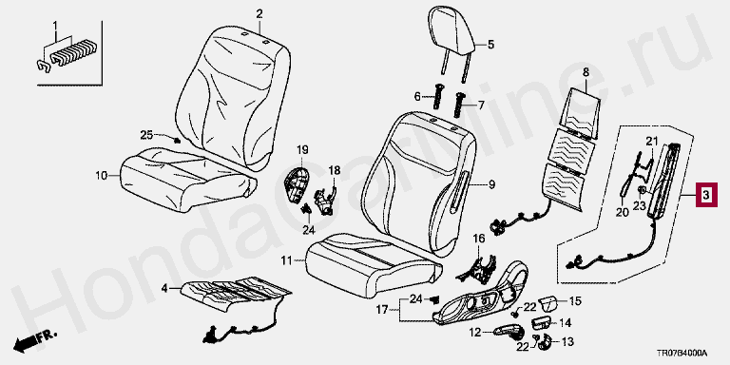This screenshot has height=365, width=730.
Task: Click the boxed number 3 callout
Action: (706, 195)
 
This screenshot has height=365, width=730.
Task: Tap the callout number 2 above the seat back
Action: (259, 14)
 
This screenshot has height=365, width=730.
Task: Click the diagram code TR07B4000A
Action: (682, 354)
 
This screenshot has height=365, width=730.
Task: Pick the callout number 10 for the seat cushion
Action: (102, 176)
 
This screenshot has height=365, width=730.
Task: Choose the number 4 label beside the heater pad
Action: (163, 289)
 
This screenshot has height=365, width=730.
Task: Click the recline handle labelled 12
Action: (509, 332)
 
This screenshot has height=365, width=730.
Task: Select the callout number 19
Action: (302, 150)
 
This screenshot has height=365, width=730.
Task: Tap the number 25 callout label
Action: (146, 135)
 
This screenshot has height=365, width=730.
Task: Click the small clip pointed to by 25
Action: (177, 140)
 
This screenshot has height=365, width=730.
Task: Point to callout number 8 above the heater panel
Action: (586, 72)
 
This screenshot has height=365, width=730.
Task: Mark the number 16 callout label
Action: (479, 239)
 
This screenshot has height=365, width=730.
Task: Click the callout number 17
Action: (382, 309)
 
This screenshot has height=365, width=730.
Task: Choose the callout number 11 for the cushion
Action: (288, 261)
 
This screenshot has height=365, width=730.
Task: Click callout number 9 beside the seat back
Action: (491, 186)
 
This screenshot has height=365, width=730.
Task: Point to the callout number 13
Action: (567, 342)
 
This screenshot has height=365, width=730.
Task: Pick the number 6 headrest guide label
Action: (417, 97)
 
